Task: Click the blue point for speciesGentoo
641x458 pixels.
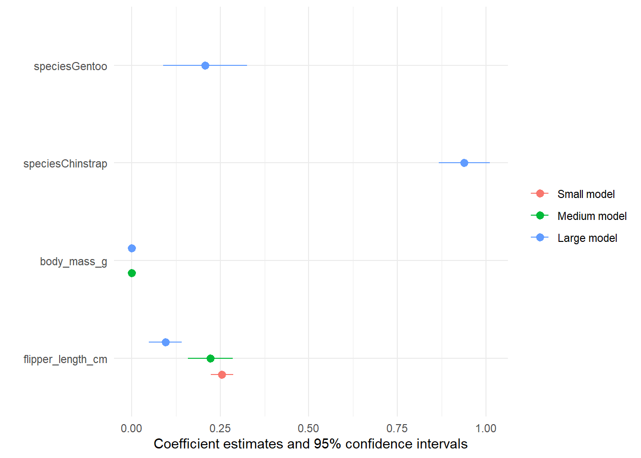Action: (205, 65)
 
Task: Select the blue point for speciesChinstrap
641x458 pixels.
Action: (464, 163)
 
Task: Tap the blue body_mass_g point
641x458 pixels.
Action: (132, 248)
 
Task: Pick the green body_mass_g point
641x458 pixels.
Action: (132, 273)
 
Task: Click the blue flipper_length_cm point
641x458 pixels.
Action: (165, 342)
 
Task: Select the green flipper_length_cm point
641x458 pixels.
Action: (210, 358)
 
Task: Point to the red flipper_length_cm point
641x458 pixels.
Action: (222, 375)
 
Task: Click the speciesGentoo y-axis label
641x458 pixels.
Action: (71, 66)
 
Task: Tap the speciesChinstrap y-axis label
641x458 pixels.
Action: (65, 164)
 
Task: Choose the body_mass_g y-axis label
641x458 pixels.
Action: (73, 261)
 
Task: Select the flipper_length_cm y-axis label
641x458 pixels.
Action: (65, 359)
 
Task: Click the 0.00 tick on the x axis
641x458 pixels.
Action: (132, 428)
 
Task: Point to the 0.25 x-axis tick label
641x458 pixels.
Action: (220, 428)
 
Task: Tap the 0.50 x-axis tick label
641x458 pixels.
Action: (309, 428)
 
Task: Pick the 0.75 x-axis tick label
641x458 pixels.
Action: (397, 428)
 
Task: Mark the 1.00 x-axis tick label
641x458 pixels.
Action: (486, 428)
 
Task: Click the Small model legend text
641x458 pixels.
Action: (586, 194)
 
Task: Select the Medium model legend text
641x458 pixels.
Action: (592, 216)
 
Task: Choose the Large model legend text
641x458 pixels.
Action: (587, 238)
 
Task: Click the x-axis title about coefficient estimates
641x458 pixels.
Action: (310, 444)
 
